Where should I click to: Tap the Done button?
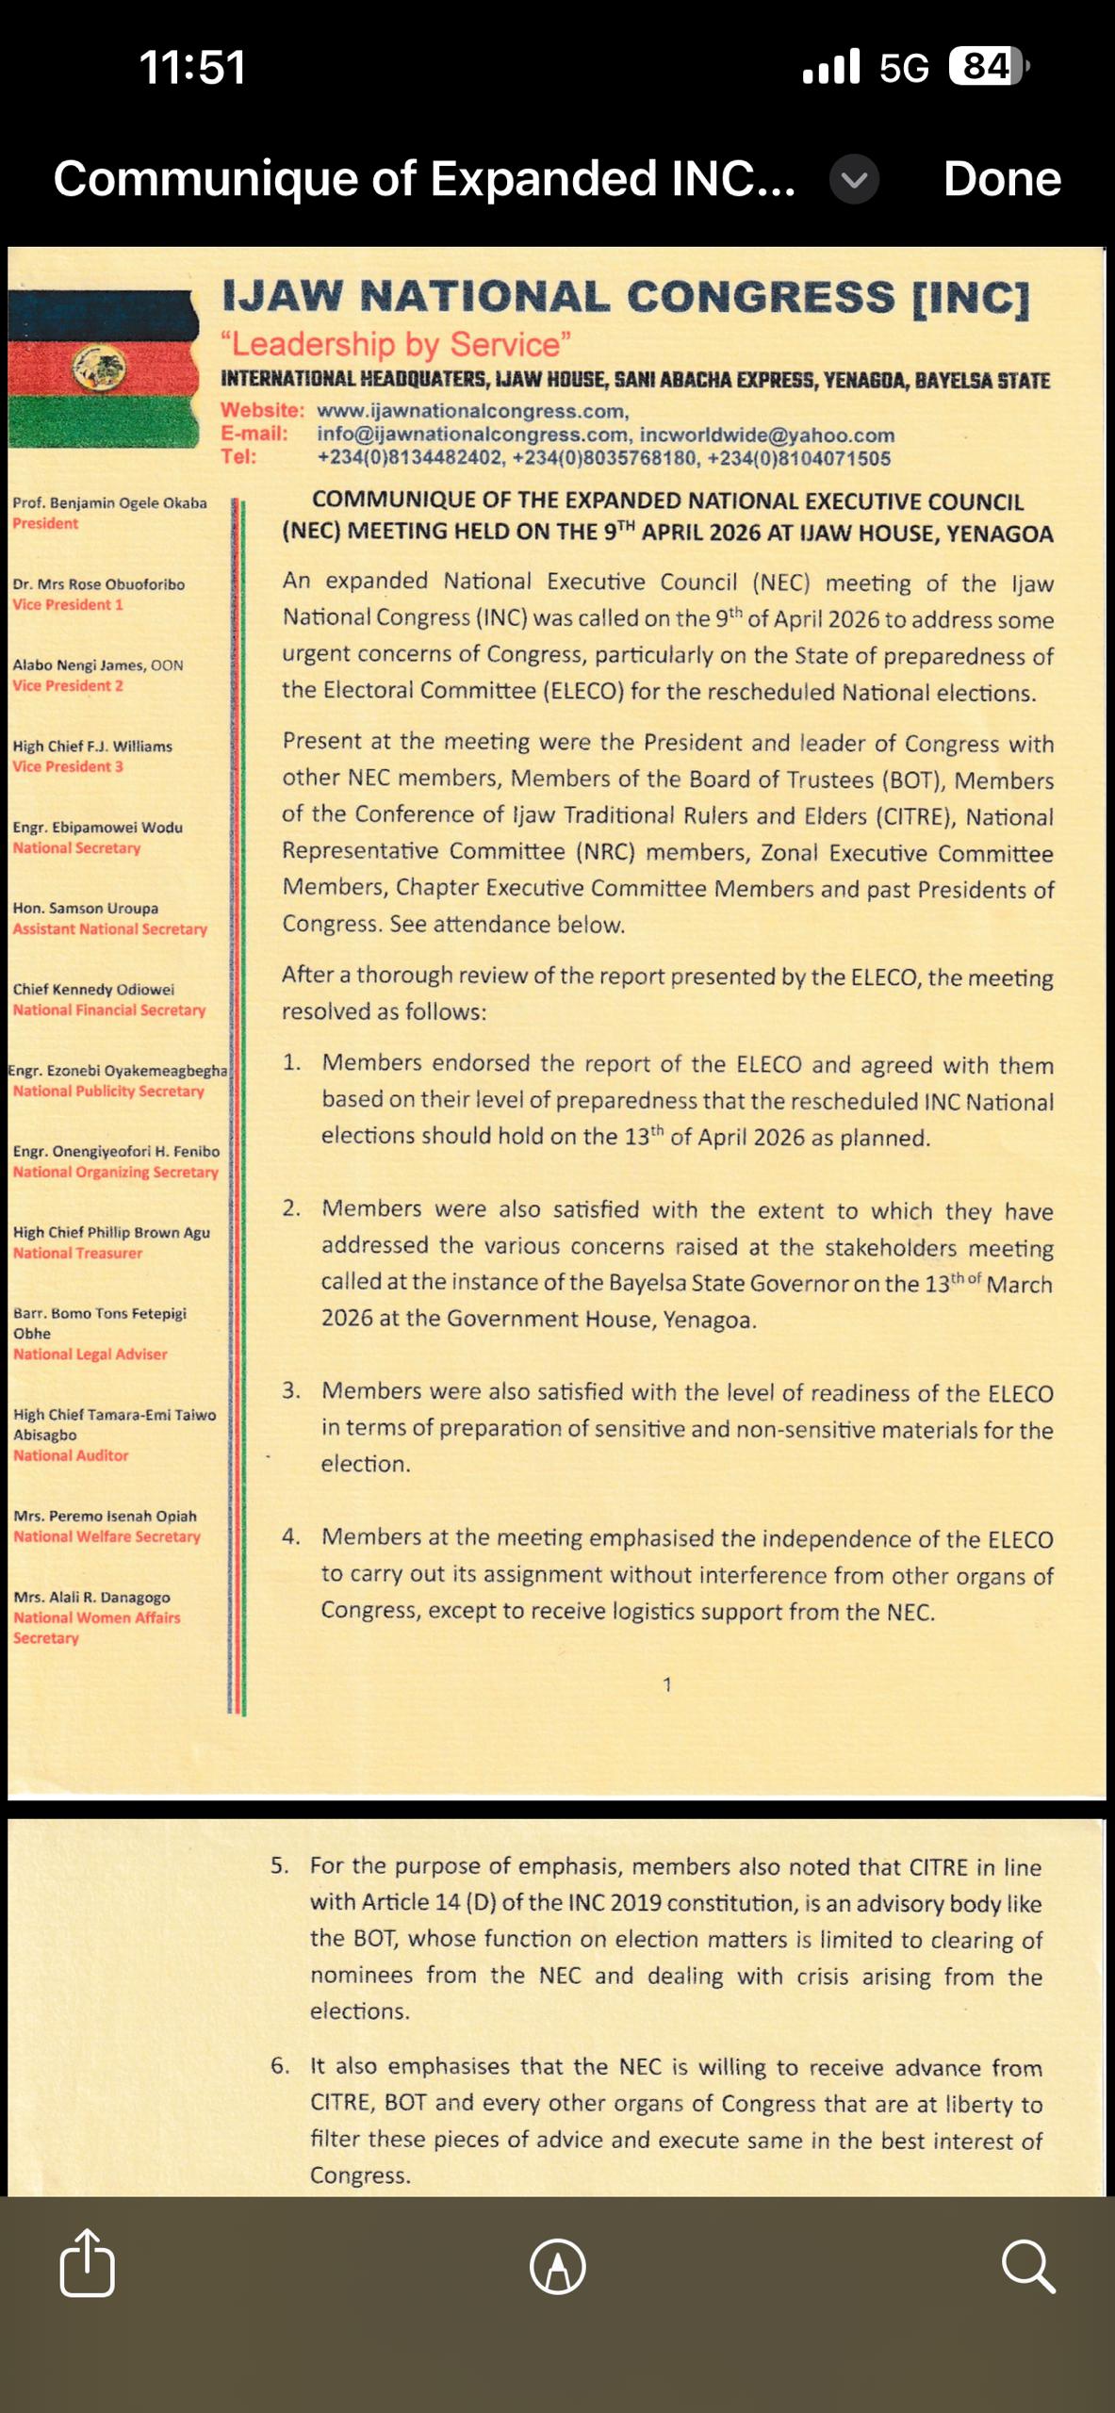pyautogui.click(x=1001, y=178)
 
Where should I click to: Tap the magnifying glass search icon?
pyautogui.click(x=1027, y=2265)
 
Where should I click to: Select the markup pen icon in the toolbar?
pyautogui.click(x=557, y=2266)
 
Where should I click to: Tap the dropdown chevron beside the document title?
pyautogui.click(x=854, y=179)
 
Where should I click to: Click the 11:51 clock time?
pyautogui.click(x=192, y=67)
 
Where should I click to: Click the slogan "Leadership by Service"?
pyautogui.click(x=396, y=344)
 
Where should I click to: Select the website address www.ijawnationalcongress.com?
pyautogui.click(x=472, y=411)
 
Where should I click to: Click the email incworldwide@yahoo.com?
pyautogui.click(x=767, y=435)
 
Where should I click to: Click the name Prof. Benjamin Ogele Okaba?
pyautogui.click(x=109, y=502)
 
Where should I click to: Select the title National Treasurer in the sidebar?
pyautogui.click(x=77, y=1253)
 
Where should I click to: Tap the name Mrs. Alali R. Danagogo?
pyautogui.click(x=91, y=1597)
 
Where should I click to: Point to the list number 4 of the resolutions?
pyautogui.click(x=291, y=1536)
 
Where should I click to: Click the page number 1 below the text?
pyautogui.click(x=667, y=1684)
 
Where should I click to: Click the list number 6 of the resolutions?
pyautogui.click(x=280, y=2065)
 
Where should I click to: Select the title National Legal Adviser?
pyautogui.click(x=90, y=1354)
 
